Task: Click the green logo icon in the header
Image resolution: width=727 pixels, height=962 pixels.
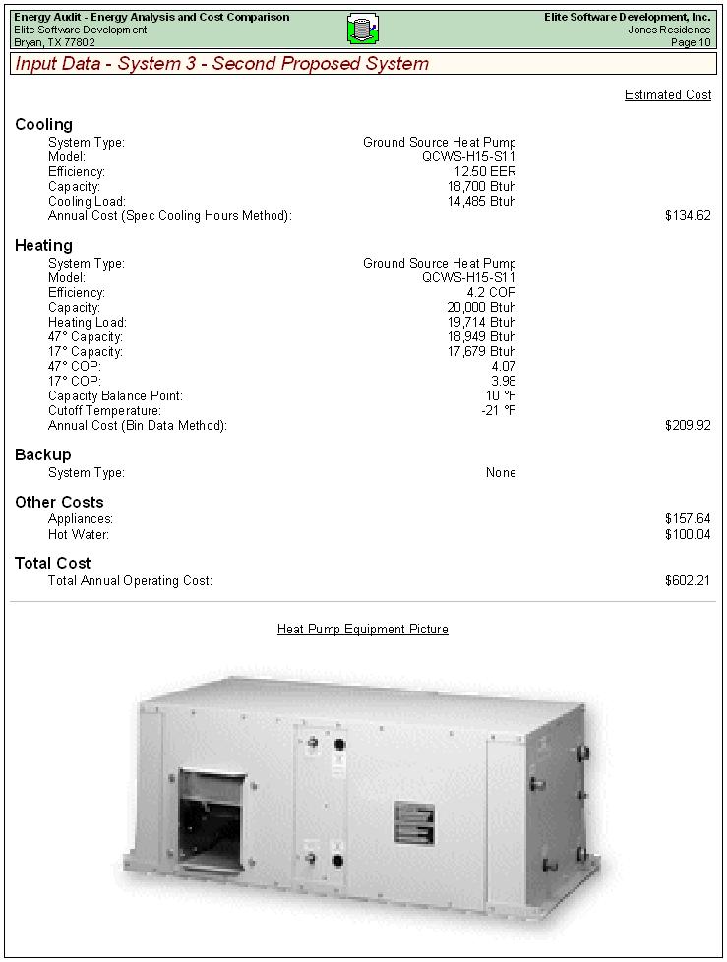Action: (363, 30)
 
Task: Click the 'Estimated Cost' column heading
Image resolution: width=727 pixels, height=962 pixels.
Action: (667, 95)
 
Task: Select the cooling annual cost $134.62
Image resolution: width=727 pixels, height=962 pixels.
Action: (687, 216)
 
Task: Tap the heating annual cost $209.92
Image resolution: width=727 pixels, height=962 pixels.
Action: (687, 426)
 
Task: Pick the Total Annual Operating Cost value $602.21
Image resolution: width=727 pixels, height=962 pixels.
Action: (687, 581)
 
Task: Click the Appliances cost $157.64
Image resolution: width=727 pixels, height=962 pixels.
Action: (687, 519)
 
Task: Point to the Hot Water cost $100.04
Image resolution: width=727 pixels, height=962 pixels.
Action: (687, 535)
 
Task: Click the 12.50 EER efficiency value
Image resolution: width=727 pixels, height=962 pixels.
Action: (485, 172)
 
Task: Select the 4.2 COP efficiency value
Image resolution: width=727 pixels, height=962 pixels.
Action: (491, 293)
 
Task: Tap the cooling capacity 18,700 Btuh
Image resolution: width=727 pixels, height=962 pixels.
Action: (481, 187)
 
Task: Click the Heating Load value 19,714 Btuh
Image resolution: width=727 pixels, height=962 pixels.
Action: (481, 323)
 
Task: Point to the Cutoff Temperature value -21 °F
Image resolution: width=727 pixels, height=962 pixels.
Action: (498, 411)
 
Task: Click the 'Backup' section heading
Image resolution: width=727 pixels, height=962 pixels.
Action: (42, 455)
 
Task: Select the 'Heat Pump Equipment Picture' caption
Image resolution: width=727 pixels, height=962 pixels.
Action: (362, 630)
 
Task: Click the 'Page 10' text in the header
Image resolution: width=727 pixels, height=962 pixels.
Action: (691, 43)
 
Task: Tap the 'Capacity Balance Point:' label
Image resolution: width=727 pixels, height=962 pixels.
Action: (115, 396)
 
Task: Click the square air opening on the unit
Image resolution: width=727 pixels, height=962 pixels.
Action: (212, 817)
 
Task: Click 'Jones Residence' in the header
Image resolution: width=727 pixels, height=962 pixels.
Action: (669, 30)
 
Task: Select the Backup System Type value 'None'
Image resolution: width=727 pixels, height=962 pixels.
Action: (501, 473)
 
